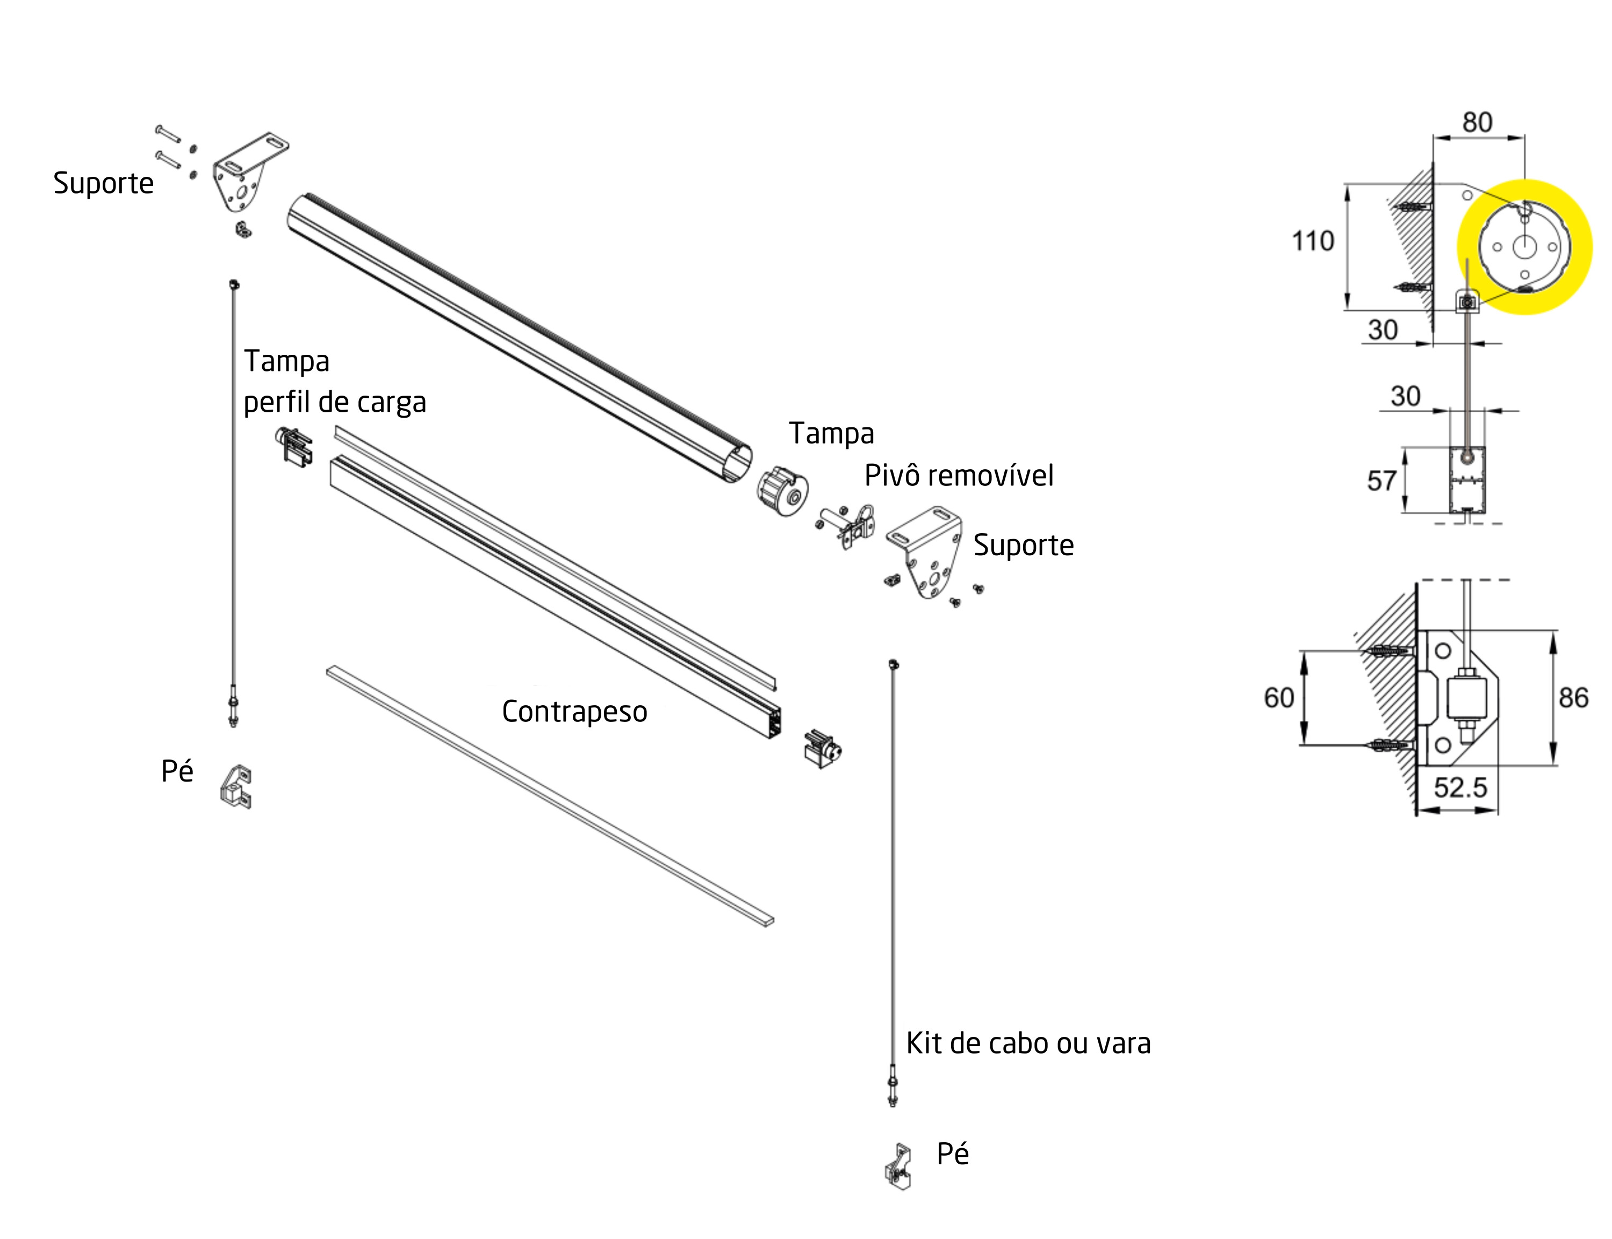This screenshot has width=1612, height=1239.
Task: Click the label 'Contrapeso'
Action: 574,712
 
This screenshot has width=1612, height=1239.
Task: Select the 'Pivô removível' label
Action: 958,476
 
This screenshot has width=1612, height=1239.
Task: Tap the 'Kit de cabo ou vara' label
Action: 1027,1043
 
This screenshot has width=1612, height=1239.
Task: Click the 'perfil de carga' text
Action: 335,403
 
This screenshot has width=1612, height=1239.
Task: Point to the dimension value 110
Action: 1313,241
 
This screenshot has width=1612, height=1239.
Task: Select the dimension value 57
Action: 1381,481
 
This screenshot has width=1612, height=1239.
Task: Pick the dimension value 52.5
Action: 1460,787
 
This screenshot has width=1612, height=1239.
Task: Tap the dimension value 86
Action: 1573,698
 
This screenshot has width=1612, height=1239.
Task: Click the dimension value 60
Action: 1279,698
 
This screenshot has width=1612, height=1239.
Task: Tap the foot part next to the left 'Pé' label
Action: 236,786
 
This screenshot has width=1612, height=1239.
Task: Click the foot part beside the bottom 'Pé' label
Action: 898,1167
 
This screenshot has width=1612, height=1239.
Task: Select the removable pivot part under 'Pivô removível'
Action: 851,525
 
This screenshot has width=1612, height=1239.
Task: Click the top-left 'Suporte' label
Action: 103,183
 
